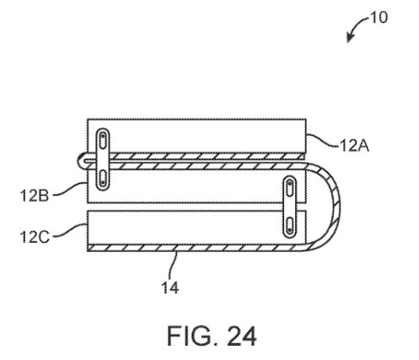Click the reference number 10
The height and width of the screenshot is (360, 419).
pos(379,18)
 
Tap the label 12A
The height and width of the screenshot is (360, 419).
pos(354,146)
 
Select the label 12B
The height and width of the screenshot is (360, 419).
pos(35,196)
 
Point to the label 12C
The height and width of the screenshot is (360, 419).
pos(35,237)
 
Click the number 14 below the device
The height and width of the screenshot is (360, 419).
pos(169,287)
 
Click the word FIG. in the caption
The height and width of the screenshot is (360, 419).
pos(192,336)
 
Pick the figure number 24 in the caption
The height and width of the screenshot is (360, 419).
pos(241,336)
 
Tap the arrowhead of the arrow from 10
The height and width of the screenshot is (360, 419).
pos(349,39)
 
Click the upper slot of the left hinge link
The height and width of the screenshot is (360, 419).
pos(103,141)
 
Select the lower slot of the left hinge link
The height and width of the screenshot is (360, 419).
pos(103,178)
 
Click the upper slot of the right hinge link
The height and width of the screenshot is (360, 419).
pos(289,188)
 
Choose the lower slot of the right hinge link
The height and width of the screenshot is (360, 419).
pos(289,225)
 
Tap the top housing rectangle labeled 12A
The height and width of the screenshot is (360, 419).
pos(196,136)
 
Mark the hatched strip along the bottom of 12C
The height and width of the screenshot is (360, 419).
pos(196,248)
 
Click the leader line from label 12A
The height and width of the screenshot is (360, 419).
pos(323,140)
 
